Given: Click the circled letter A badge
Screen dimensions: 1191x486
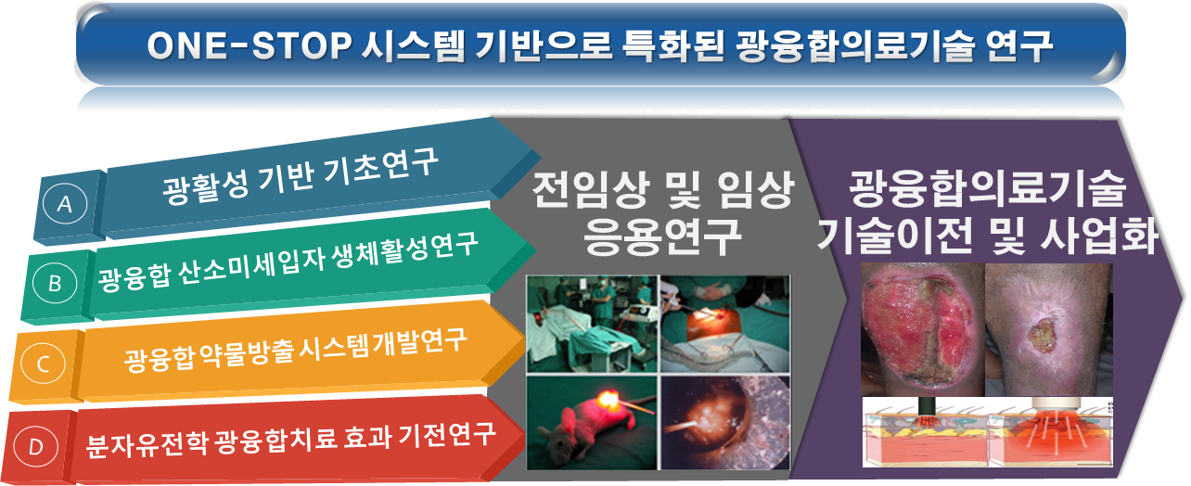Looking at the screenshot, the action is [x=65, y=203].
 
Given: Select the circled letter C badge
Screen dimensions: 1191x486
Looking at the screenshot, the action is [x=43, y=364].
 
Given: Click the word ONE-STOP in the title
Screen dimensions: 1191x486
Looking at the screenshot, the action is [x=249, y=45].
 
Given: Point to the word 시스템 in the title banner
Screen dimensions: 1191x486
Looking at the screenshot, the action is [x=413, y=45].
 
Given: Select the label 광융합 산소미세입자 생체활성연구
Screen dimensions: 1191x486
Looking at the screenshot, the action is [x=288, y=261].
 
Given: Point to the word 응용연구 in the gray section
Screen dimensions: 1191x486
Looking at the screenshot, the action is [x=662, y=236].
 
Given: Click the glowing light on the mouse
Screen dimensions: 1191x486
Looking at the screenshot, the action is [x=607, y=399].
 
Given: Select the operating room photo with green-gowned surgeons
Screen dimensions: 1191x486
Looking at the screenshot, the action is [x=592, y=324].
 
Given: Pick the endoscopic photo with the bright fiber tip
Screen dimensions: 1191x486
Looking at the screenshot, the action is [x=725, y=423].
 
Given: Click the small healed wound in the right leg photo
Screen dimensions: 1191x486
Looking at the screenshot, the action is [x=1042, y=335].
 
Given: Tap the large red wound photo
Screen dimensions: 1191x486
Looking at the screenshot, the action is [x=923, y=329].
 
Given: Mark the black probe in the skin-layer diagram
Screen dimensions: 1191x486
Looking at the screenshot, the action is [x=928, y=408].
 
